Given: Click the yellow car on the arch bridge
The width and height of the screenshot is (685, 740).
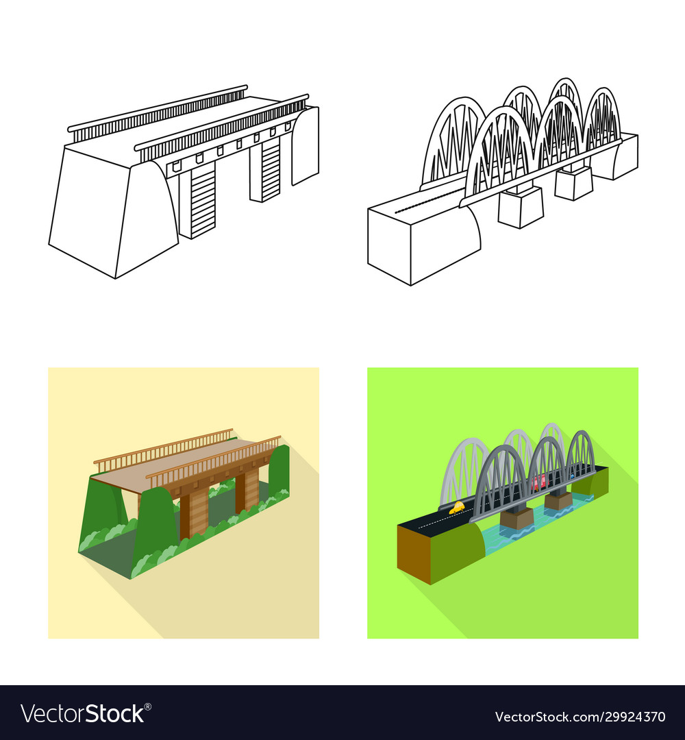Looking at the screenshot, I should coord(456,508).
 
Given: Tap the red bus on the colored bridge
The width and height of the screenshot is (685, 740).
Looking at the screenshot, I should coord(538,482).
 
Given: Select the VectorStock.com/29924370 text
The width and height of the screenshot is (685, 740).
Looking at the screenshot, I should coord(580,717).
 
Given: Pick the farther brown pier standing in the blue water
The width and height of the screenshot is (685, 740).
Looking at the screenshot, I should coord(558,500).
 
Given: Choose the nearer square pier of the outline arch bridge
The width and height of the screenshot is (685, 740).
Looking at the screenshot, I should coord(520,207).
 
